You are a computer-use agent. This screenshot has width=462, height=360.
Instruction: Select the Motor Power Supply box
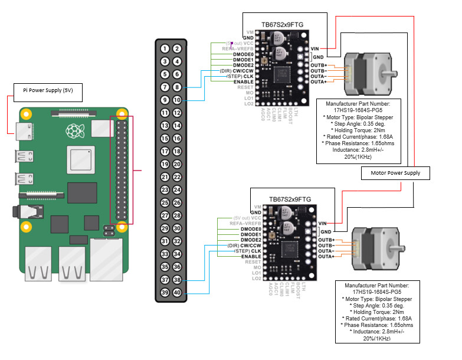coord(395,173)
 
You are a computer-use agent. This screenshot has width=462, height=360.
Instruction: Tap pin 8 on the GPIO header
coord(177,87)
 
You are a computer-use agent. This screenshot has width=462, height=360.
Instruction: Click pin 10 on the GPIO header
coord(177,100)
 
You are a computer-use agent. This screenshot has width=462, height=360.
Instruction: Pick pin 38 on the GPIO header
coord(177,280)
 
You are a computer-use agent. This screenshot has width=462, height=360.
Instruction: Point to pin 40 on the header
coord(177,293)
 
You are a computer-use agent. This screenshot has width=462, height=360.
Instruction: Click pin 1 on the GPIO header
coord(164,48)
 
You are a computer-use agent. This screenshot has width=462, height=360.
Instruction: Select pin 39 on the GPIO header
coord(164,293)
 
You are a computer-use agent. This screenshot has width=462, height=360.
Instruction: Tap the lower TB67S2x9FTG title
coord(290,199)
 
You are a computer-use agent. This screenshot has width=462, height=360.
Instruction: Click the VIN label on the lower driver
coord(322,223)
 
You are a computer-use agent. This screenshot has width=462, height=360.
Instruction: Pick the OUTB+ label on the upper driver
coord(319,65)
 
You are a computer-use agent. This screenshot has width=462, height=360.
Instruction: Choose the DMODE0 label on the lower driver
coord(251,229)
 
